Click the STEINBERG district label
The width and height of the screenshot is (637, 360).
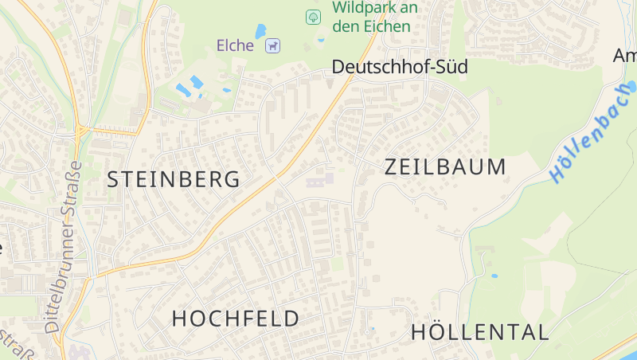(x=174, y=179)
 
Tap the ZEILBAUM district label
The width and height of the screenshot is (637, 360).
(x=445, y=166)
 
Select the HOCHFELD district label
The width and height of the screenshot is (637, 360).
(x=236, y=319)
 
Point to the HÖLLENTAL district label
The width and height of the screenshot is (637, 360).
(x=479, y=332)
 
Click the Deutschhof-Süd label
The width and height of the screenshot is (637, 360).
(x=400, y=67)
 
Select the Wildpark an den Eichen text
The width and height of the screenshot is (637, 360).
(x=374, y=17)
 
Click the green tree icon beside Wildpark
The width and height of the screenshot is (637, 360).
(x=314, y=16)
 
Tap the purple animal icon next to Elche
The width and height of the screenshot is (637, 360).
(x=273, y=46)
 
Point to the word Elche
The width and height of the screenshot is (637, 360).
(x=235, y=45)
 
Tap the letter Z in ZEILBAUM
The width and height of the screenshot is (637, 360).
(x=392, y=166)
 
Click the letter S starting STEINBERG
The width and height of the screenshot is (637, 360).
(x=113, y=179)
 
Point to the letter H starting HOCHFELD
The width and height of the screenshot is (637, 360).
(x=179, y=319)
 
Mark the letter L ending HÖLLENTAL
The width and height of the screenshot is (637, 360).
(x=543, y=332)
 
